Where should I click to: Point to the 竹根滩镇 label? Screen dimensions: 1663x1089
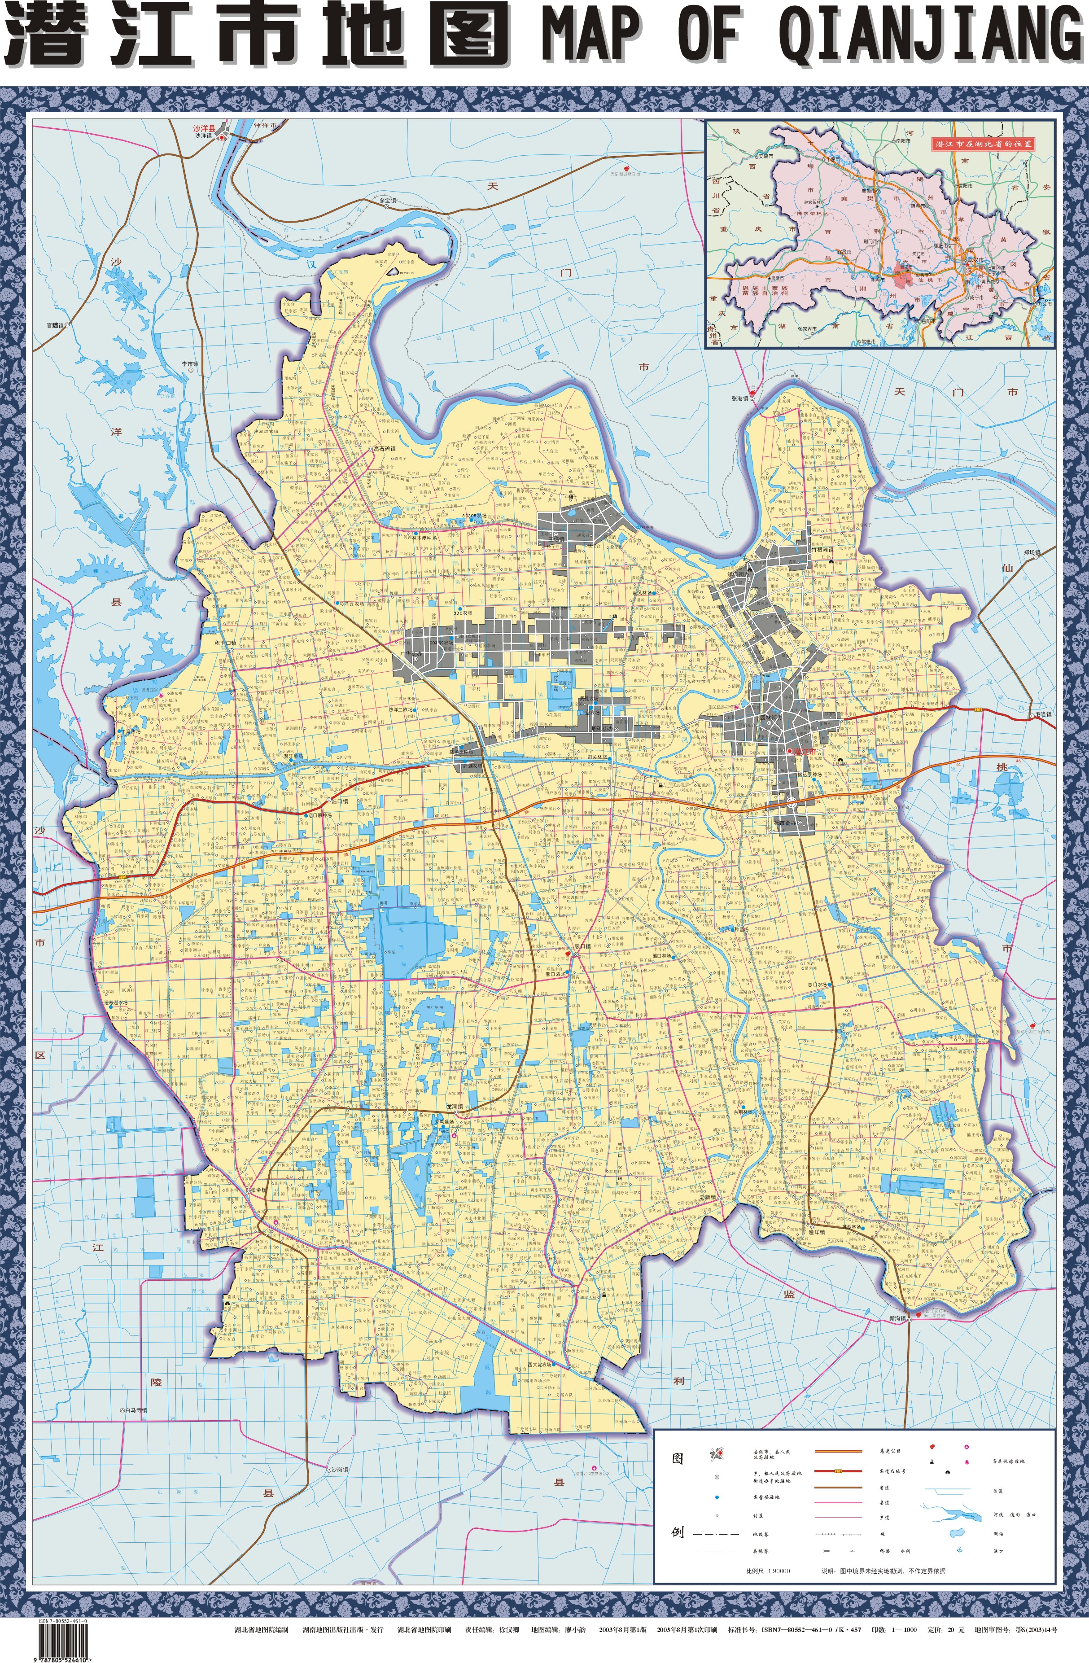[x=823, y=550]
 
